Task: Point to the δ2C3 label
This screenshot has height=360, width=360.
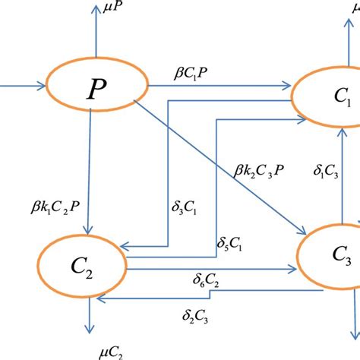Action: [x=197, y=316]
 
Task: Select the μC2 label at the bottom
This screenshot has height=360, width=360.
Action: [x=109, y=351]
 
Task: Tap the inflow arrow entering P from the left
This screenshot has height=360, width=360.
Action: [x=23, y=86]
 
